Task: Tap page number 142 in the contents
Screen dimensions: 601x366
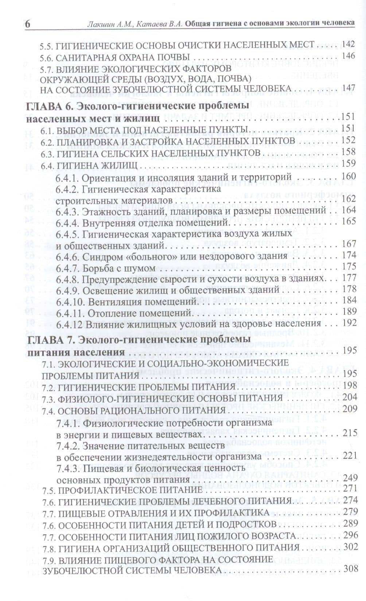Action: click(348, 44)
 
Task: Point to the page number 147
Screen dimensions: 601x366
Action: click(348, 88)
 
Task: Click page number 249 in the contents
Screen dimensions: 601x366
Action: click(348, 477)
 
